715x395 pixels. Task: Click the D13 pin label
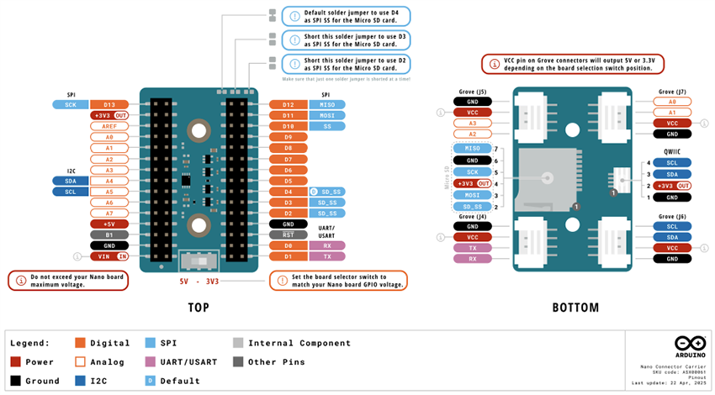point(109,104)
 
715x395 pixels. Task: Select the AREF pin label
point(109,126)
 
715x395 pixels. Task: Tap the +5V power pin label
point(109,224)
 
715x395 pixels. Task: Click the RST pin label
point(288,234)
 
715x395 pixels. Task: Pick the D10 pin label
point(288,126)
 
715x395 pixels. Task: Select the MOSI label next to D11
point(326,115)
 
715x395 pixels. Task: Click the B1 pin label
point(109,235)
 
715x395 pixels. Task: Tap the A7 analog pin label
point(109,213)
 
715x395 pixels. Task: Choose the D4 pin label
point(288,192)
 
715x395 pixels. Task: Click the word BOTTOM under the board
point(575,308)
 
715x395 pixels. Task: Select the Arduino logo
point(689,343)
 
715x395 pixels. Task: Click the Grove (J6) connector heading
point(672,216)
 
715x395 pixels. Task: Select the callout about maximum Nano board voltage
point(68,281)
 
